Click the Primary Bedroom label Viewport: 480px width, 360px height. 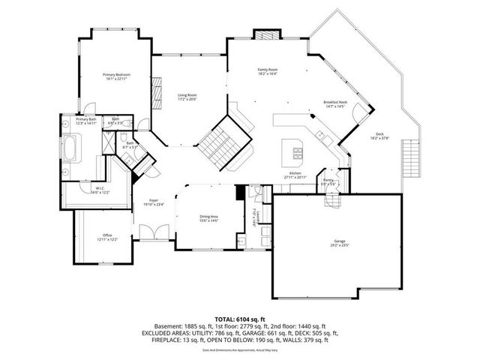[x=117, y=75]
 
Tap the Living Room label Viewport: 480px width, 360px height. [x=187, y=95]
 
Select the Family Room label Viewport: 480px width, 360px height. [x=268, y=70]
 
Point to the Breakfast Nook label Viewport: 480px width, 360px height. [x=334, y=102]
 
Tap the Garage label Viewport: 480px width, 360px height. [x=340, y=241]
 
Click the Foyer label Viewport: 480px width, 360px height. [x=153, y=200]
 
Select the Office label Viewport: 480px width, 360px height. [x=107, y=235]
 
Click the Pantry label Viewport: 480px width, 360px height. [x=328, y=180]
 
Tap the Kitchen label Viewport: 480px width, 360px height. [x=295, y=172]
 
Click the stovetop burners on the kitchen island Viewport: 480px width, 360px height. [x=298, y=156]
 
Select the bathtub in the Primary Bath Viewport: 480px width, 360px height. [x=72, y=148]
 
